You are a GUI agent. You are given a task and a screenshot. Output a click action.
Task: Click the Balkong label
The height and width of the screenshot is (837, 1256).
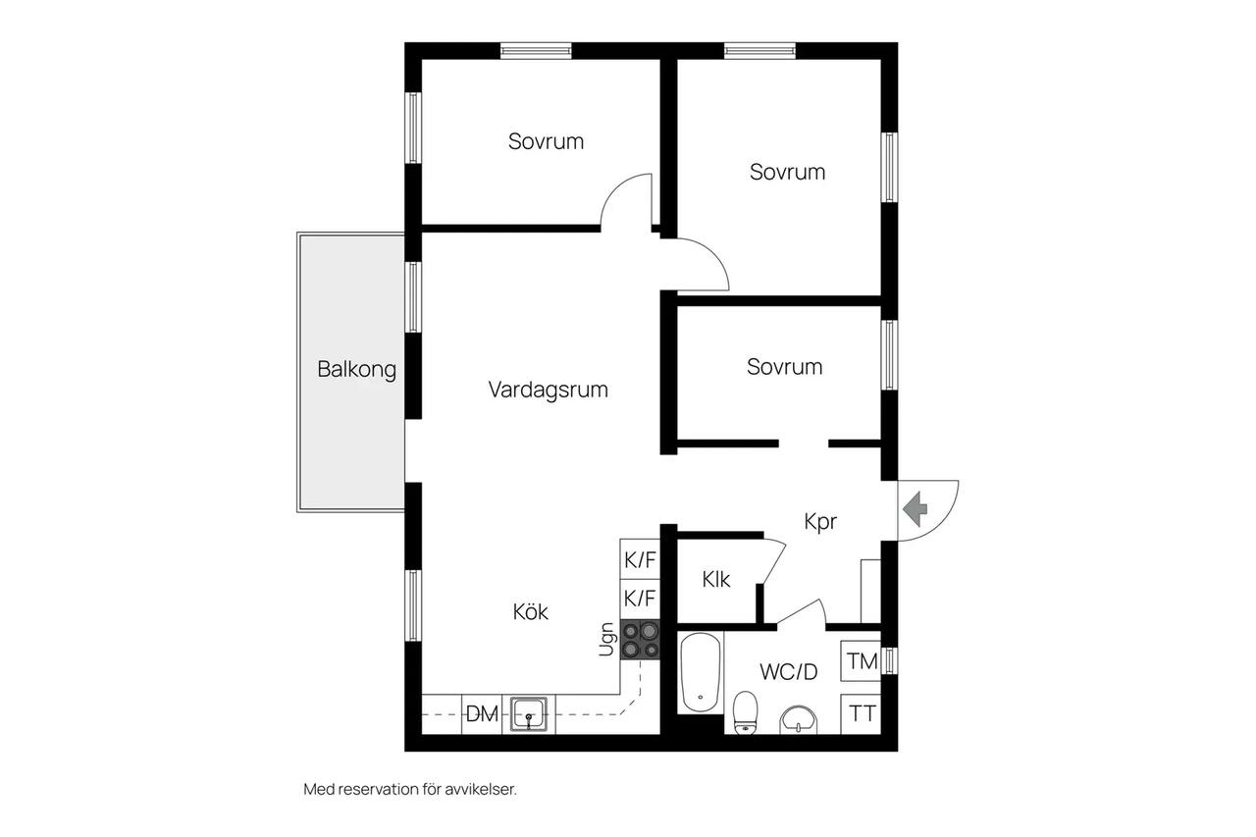tap(356, 370)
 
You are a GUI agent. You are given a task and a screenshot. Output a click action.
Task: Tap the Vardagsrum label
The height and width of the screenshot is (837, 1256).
tap(548, 391)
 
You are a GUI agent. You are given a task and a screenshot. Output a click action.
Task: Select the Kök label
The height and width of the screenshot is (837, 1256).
tap(531, 611)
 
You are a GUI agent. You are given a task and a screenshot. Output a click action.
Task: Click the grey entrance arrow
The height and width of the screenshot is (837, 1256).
tap(916, 509)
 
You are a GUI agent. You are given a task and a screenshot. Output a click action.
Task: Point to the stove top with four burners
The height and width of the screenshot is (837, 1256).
tap(640, 640)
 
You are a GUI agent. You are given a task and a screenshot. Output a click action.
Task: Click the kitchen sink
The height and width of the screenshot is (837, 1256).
tap(528, 714)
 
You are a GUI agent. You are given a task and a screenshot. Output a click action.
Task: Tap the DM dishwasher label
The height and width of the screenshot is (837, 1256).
tap(482, 714)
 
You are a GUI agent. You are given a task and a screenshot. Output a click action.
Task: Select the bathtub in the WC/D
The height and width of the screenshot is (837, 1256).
tap(701, 673)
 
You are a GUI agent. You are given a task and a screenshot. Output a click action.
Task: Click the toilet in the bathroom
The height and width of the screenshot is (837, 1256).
tap(745, 712)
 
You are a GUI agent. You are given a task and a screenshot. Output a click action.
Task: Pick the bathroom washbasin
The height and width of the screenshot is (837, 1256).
tap(799, 720)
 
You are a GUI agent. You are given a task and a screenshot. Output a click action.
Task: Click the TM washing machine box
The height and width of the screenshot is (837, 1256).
tap(862, 661)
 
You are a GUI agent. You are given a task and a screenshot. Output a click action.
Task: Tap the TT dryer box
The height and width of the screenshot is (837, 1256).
tap(862, 714)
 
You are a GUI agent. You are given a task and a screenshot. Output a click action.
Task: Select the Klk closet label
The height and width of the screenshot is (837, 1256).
tap(716, 580)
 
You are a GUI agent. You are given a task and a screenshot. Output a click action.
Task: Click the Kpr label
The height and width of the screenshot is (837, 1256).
tap(820, 522)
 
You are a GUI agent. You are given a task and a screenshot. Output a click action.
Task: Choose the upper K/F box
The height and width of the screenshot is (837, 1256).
tap(640, 559)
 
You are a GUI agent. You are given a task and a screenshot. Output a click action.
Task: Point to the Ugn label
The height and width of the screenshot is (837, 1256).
tap(606, 639)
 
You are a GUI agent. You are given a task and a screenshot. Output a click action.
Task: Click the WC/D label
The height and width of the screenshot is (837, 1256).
tap(789, 671)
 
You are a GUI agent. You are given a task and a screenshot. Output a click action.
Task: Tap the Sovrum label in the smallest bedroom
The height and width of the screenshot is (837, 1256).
tap(784, 367)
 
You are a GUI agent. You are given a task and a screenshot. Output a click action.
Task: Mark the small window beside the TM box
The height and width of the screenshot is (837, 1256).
tap(889, 660)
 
